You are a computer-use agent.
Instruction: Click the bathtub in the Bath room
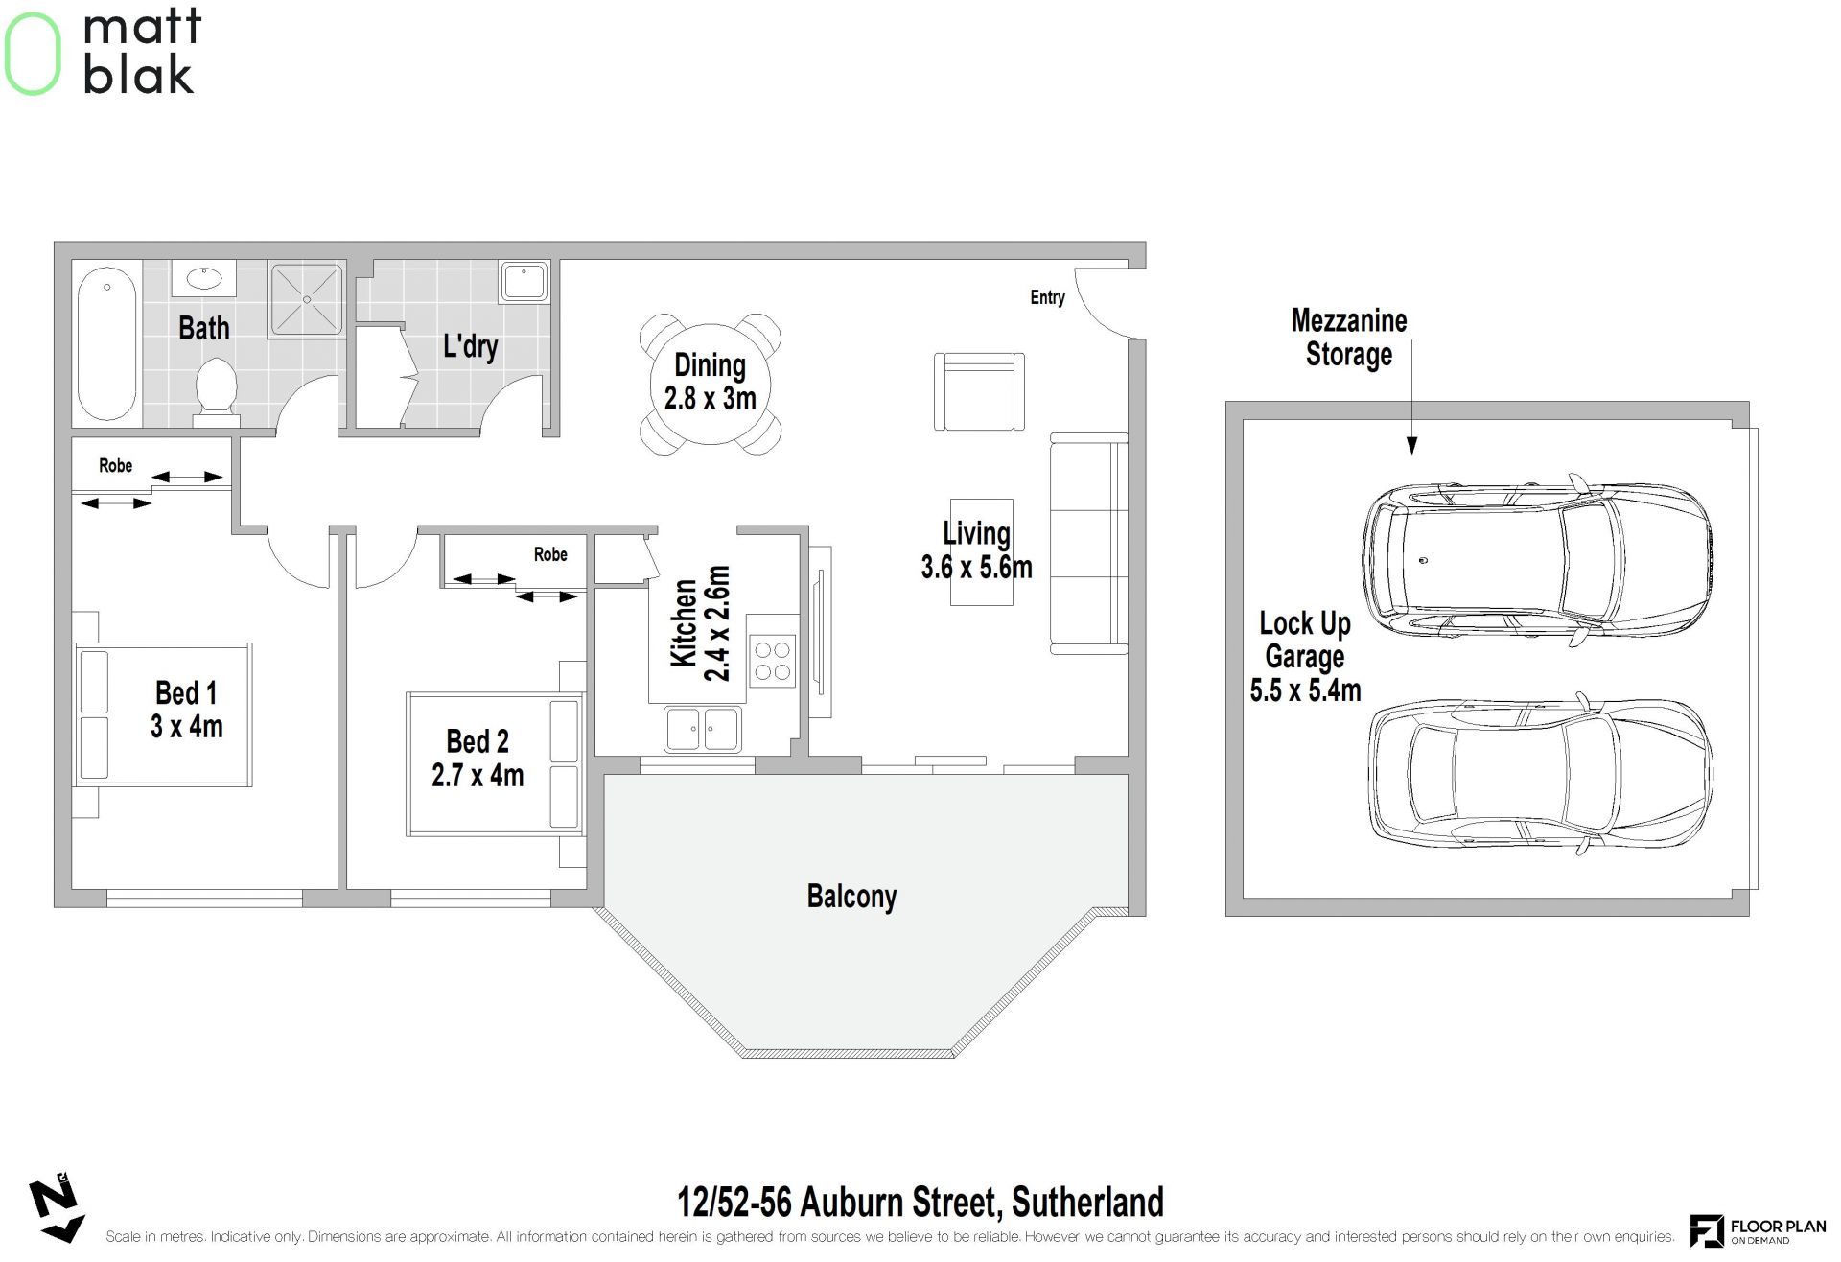coord(106,343)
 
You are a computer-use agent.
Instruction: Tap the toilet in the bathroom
coord(216,392)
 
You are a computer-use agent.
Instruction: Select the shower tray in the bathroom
coord(307,299)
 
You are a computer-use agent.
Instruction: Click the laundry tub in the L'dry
coord(524,281)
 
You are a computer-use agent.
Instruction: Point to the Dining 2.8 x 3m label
coord(710,381)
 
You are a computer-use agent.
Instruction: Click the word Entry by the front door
coord(1047,297)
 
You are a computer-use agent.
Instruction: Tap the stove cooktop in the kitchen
coord(772,661)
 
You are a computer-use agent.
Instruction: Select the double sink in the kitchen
coord(703,729)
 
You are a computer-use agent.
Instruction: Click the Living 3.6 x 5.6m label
coord(976,550)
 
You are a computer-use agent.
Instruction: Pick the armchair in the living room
coord(979,391)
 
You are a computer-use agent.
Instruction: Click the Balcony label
coord(851,897)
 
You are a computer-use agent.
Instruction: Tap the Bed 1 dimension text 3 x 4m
coord(186,727)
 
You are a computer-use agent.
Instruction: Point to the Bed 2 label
coord(478,741)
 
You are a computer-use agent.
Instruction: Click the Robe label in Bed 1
coord(115,465)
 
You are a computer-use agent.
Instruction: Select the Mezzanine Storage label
coord(1349,338)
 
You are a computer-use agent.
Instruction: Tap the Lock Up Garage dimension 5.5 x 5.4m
coord(1305,690)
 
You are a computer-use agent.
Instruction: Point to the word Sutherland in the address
coord(1087,1203)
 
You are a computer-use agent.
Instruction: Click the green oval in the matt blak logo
coord(33,53)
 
